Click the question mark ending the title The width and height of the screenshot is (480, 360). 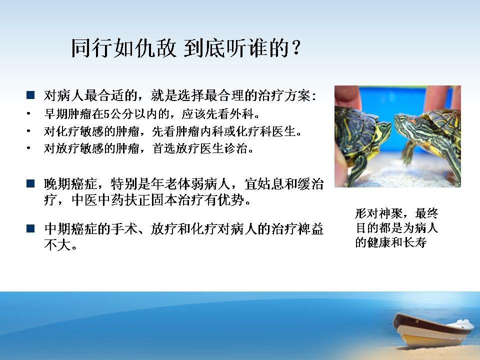click(x=295, y=48)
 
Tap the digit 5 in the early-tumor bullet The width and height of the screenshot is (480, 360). click(x=106, y=114)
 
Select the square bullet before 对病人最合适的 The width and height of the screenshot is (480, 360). click(x=30, y=95)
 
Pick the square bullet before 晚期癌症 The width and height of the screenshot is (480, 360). click(x=30, y=183)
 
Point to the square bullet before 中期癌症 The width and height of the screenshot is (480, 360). click(x=30, y=228)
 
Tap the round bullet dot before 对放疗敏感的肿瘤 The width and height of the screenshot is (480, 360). click(x=28, y=148)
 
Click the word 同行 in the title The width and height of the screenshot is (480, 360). click(x=92, y=48)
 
